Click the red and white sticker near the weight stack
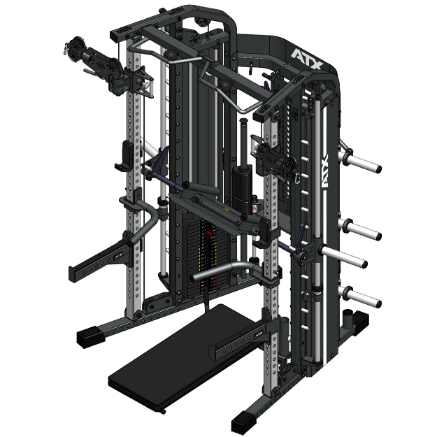coord(255,208)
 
